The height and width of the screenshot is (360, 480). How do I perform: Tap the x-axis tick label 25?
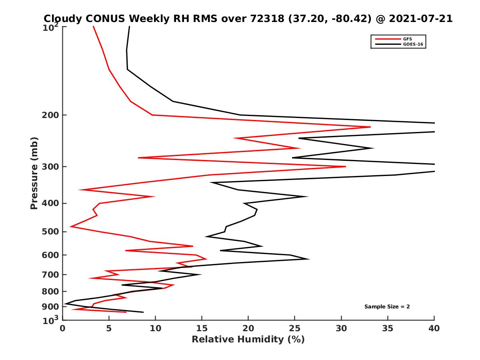coord(295,328)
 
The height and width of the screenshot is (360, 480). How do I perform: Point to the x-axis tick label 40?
coord(434,328)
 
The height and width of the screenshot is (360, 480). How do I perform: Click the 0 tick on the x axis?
coord(63,328)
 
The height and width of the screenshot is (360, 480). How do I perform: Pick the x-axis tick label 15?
coord(202,328)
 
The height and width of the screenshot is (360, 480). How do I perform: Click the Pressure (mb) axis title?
coord(34,173)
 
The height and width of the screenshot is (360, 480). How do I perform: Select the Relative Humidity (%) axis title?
coord(248,340)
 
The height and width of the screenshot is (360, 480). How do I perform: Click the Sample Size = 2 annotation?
coord(387,307)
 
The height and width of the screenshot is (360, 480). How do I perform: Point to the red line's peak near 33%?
coord(370,127)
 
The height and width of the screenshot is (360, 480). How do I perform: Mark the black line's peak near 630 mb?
coord(309,259)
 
